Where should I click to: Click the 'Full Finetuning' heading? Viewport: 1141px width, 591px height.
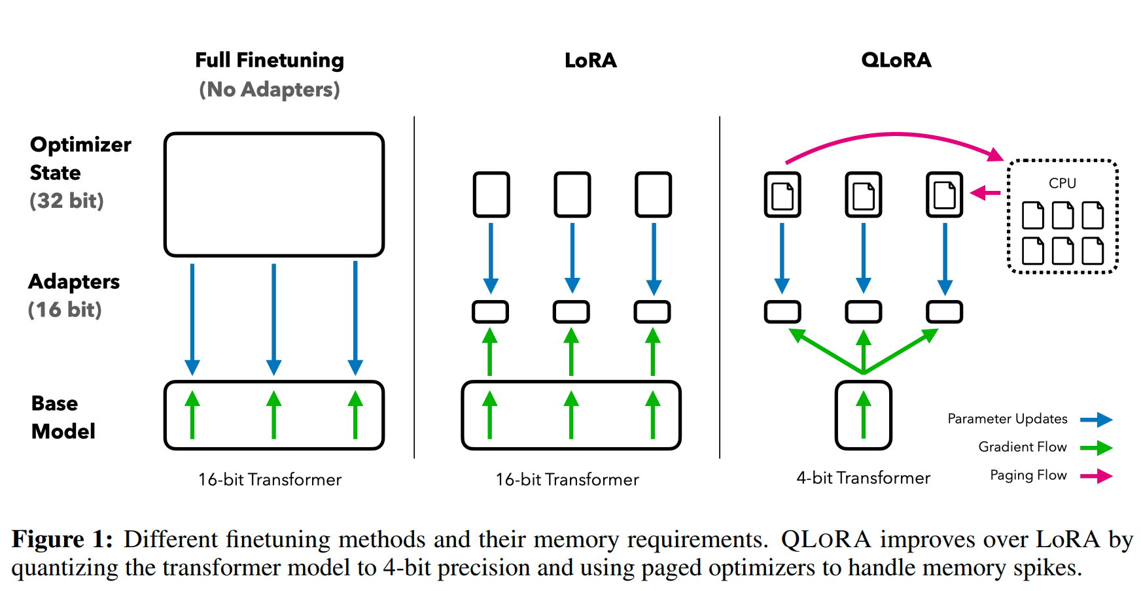[x=270, y=60]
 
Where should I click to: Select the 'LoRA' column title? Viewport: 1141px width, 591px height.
[x=591, y=60]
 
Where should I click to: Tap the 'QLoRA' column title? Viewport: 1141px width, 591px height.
[x=896, y=60]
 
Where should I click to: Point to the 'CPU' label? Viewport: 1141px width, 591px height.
[x=1062, y=183]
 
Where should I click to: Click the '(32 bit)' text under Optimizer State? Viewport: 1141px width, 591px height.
[x=67, y=201]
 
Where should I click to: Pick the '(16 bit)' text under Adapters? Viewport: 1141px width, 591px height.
[x=65, y=309]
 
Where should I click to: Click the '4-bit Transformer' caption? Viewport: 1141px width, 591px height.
[x=864, y=478]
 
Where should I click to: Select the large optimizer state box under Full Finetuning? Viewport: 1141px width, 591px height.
[x=274, y=134]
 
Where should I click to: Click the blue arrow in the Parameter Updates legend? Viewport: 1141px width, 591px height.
[x=1097, y=420]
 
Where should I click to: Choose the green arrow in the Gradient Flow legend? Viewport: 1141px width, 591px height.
[x=1097, y=448]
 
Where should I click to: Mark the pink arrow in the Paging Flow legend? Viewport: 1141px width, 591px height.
[x=1097, y=476]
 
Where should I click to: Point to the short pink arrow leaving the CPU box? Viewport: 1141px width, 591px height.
[x=985, y=193]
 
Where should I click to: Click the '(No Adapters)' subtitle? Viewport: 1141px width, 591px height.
[x=270, y=90]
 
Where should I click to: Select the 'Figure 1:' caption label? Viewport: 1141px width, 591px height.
[x=62, y=539]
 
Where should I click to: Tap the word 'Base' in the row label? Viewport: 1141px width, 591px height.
[x=54, y=403]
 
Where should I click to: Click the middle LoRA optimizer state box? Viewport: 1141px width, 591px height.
[x=572, y=173]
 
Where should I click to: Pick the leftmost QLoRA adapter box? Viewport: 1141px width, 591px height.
[x=782, y=302]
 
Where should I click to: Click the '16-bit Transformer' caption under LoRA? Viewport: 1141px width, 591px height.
[x=567, y=480]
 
